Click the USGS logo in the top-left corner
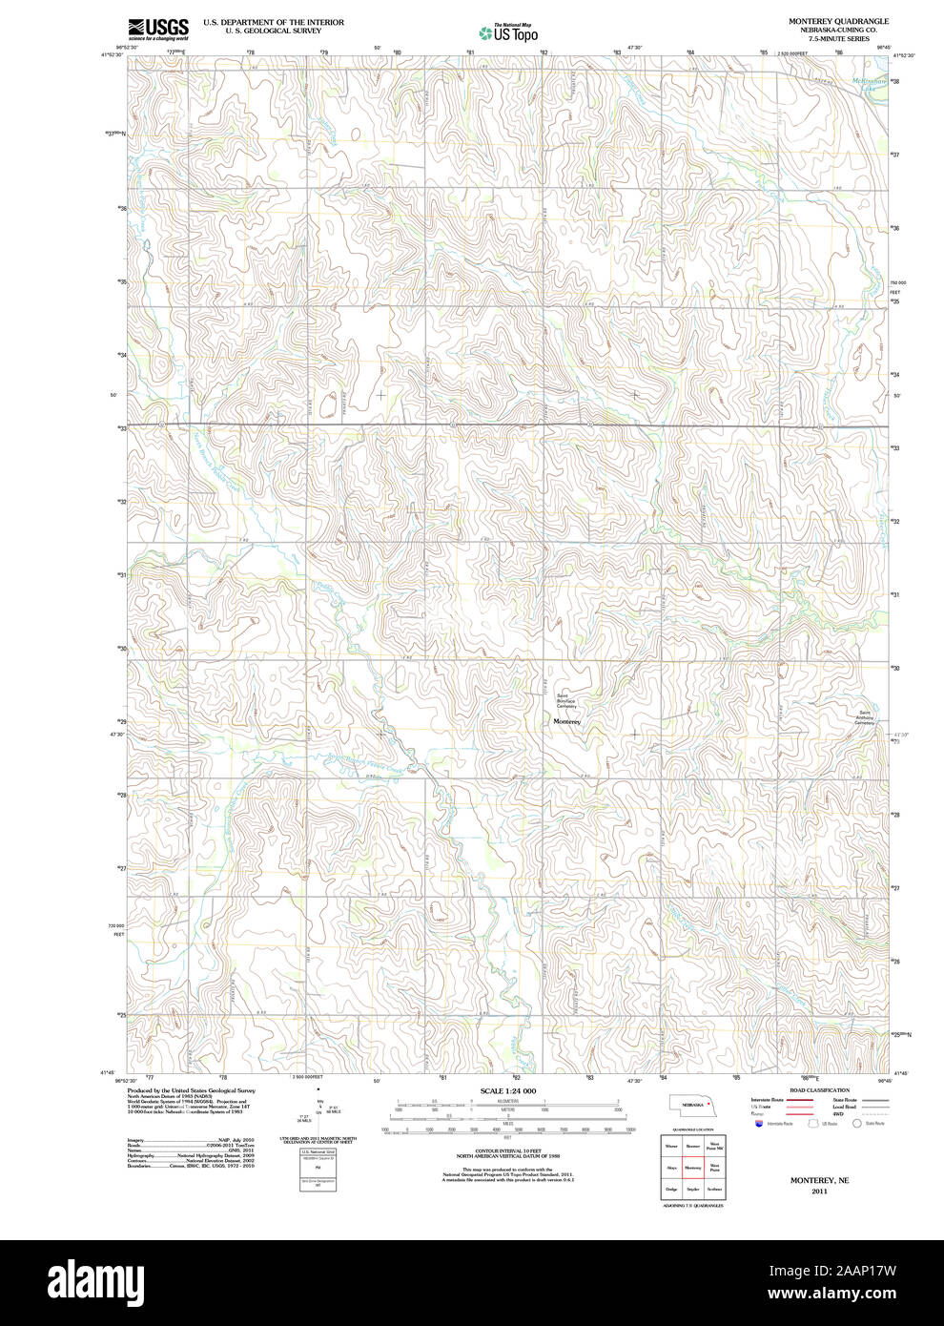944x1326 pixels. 159,28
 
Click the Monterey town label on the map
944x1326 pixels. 566,722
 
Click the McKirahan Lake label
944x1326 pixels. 870,82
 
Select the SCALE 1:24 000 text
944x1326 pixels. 507,1090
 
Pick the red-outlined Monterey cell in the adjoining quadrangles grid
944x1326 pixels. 692,1167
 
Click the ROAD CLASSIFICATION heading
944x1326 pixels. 819,1090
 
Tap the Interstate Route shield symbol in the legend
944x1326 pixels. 759,1125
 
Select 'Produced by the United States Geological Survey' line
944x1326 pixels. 191,1089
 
